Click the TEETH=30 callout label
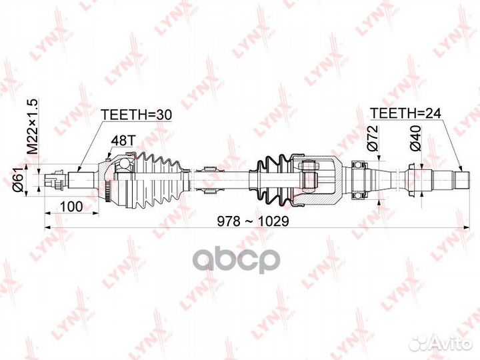[x=137, y=115]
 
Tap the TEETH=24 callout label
[x=405, y=113]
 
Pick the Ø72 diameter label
[x=373, y=138]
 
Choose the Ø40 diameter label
[x=416, y=138]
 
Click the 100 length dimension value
[x=71, y=207]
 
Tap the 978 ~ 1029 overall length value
[x=253, y=221]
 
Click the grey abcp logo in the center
[x=236, y=260]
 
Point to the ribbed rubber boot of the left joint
[x=158, y=180]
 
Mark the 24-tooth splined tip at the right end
[x=461, y=180]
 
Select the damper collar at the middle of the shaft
[x=210, y=180]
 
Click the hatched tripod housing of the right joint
[x=317, y=180]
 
